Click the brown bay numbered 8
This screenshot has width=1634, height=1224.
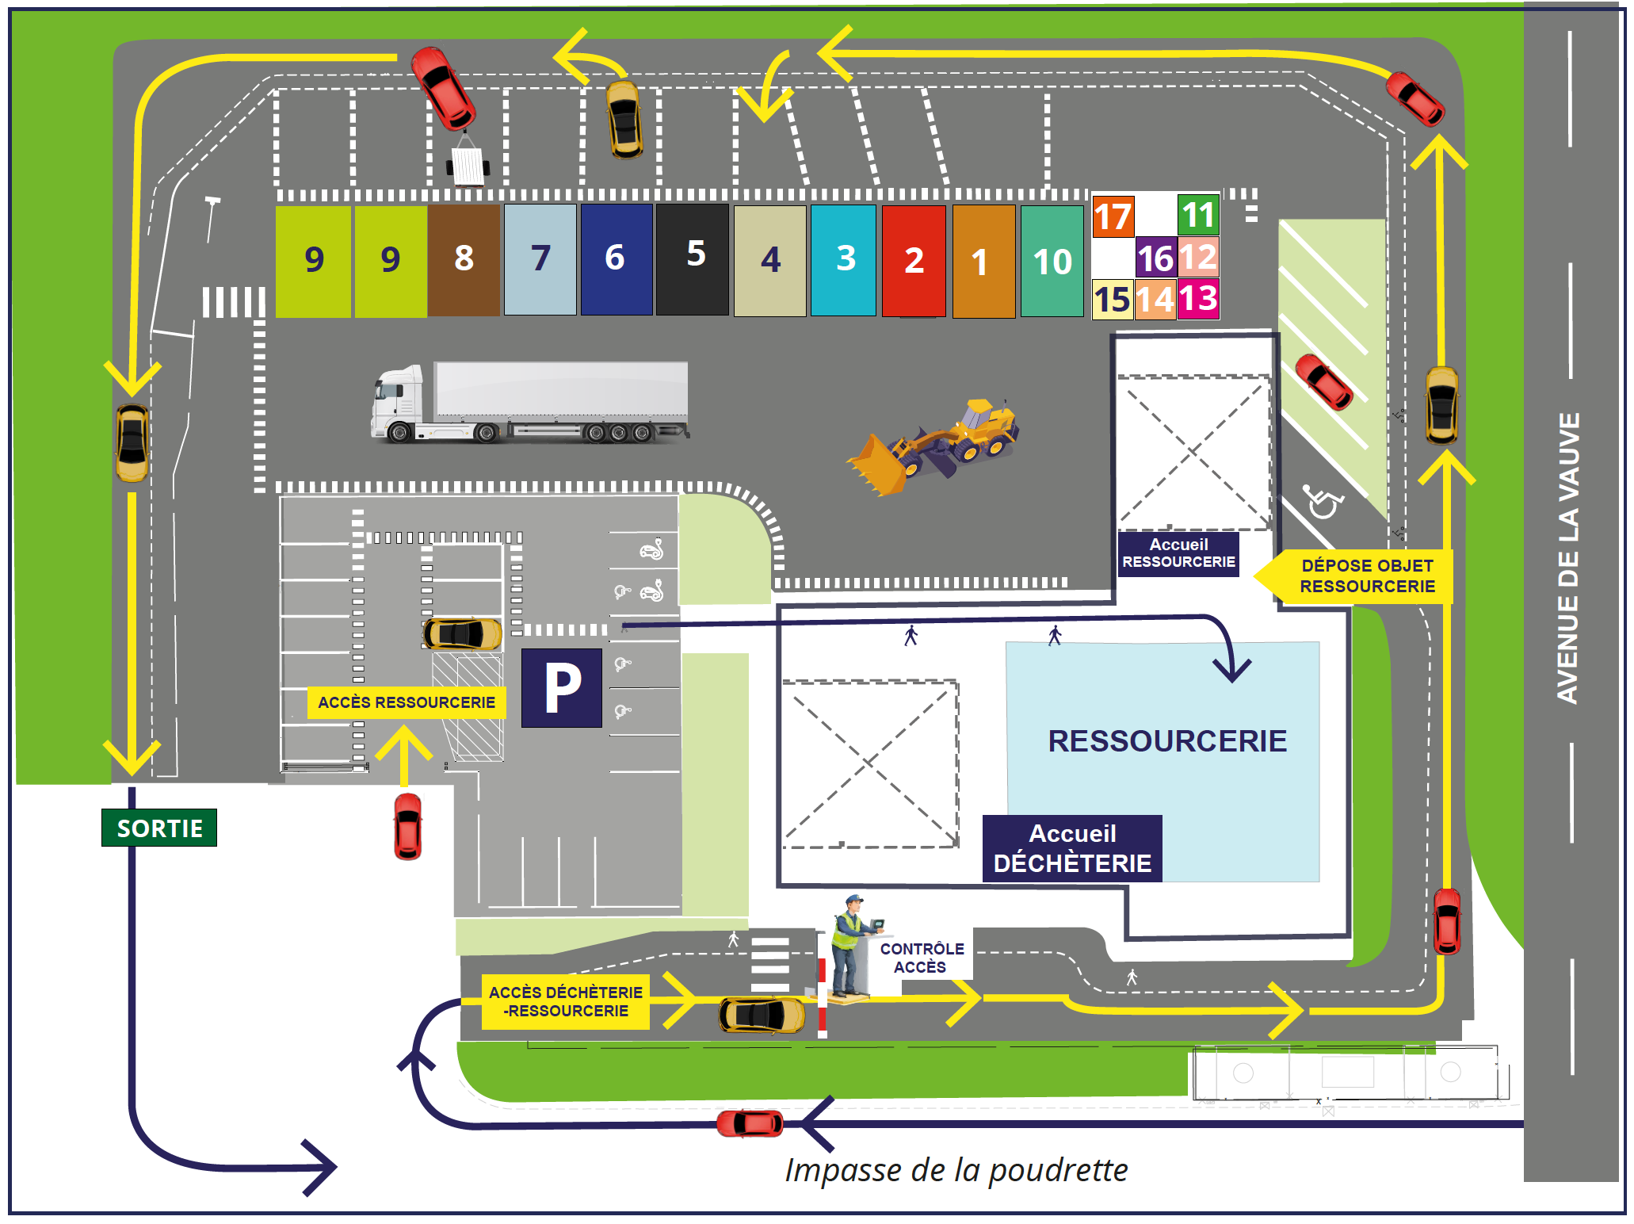point(464,260)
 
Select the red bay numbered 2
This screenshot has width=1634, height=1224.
point(914,260)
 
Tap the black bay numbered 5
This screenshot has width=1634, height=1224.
point(693,258)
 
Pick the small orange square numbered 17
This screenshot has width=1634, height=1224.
point(1113,216)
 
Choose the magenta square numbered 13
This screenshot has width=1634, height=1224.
point(1198,299)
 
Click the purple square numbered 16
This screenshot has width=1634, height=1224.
point(1155,258)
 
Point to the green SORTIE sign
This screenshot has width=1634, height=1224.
point(159,828)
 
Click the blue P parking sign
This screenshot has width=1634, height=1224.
point(562,688)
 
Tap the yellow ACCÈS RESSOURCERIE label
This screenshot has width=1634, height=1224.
point(407,702)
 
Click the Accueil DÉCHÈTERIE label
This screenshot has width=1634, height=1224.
point(1072,848)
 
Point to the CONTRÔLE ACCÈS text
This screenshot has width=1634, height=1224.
point(922,958)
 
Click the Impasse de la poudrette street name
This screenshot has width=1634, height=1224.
point(956,1170)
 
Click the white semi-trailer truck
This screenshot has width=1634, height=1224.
point(529,402)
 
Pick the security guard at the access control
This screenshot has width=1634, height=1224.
point(851,945)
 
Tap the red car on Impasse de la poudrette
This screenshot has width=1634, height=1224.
point(750,1123)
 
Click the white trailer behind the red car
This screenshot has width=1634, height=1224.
point(468,164)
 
